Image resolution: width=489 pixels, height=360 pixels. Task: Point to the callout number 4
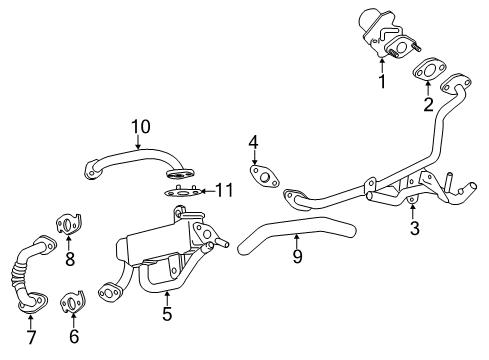coord(254,143)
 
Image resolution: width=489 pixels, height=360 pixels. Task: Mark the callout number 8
coord(69,259)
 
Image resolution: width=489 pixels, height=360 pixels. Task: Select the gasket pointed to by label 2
coord(431,72)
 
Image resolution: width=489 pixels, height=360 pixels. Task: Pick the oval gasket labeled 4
coord(263,177)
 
